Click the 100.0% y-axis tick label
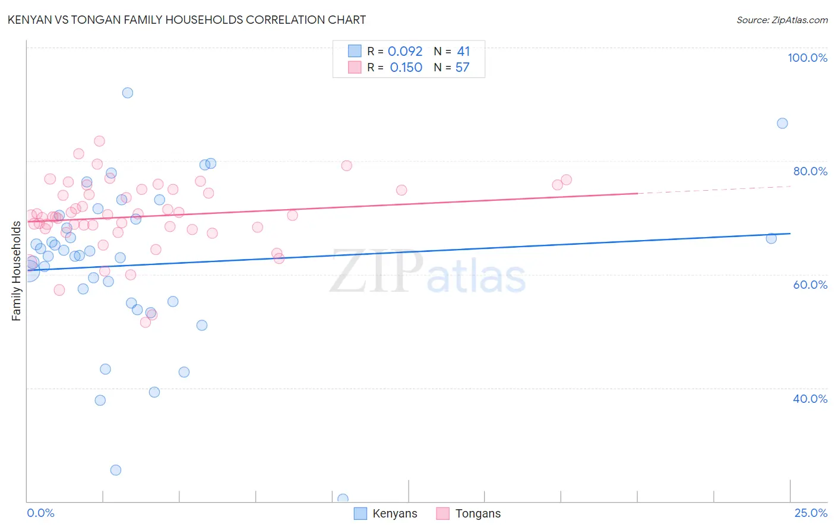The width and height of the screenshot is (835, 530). [807, 58]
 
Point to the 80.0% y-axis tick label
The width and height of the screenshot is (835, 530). [810, 171]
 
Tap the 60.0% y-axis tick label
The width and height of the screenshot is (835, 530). [810, 285]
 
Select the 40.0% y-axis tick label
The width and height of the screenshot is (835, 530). [810, 399]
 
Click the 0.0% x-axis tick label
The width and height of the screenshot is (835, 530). [40, 513]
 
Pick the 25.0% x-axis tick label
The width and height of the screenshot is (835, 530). [811, 513]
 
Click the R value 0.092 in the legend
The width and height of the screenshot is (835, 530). [405, 52]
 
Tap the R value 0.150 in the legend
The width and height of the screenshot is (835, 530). [406, 68]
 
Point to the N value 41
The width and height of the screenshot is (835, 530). [463, 52]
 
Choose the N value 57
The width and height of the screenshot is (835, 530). [462, 68]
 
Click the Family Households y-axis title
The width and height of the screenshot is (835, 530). [17, 271]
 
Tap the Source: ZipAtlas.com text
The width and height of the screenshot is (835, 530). [782, 20]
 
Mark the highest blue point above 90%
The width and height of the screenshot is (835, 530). [128, 93]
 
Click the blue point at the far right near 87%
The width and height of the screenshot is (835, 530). [782, 123]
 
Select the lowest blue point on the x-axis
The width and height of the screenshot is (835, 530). [343, 499]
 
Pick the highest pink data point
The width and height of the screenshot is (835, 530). [100, 141]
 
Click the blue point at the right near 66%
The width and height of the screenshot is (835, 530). [771, 238]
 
